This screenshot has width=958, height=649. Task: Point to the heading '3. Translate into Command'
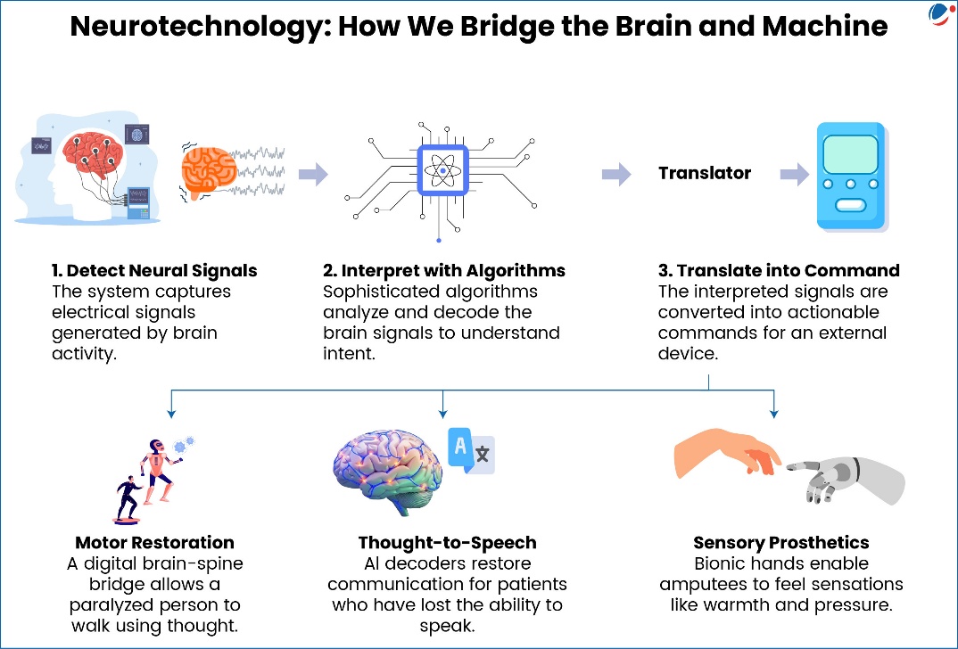(779, 270)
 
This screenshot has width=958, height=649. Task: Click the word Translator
(705, 173)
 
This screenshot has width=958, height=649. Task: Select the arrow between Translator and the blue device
(794, 174)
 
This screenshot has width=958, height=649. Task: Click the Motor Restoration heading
(155, 542)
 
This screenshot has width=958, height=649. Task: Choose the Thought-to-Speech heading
(446, 542)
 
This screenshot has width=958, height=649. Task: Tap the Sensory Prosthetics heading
(780, 542)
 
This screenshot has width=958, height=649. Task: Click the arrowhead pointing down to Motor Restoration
(170, 413)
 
